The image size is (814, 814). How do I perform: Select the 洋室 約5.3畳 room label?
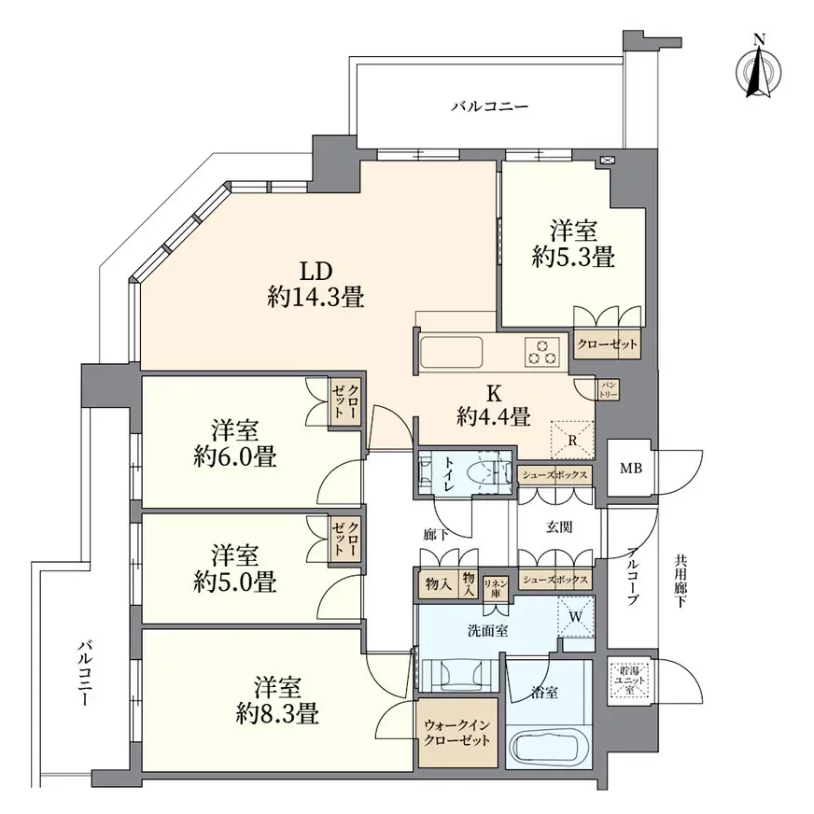pos(572,244)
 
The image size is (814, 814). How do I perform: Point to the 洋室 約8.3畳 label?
pos(276,701)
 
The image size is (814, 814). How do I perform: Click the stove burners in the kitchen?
pos(541,352)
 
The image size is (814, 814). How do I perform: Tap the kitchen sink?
pos(452,354)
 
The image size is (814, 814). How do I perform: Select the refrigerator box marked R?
pos(570,436)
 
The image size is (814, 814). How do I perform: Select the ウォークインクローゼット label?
pos(456,733)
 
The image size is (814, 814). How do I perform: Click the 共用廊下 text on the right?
pos(680,583)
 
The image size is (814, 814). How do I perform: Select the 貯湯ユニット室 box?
pos(625,674)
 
